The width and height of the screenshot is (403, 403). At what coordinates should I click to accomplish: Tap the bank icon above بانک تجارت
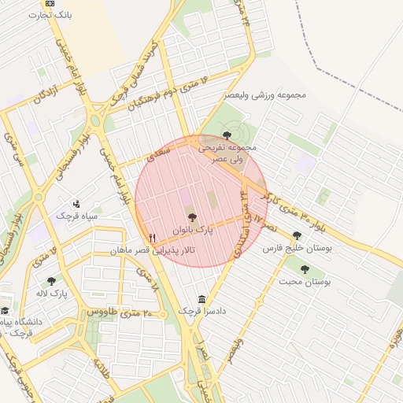coord(50,3)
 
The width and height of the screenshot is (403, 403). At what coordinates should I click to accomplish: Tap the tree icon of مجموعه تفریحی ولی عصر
coord(227,135)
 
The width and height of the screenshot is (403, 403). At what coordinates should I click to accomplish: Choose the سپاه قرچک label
coord(76,214)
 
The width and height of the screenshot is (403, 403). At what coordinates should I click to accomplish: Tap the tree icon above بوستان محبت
coord(305,269)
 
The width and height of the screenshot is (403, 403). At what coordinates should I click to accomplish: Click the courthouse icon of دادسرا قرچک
coord(202,300)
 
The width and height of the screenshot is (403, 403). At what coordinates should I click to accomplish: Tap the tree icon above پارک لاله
coord(52,281)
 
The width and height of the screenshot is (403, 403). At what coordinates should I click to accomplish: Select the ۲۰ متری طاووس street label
coord(110,312)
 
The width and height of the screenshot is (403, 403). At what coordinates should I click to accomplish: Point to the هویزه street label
coord(391,340)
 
